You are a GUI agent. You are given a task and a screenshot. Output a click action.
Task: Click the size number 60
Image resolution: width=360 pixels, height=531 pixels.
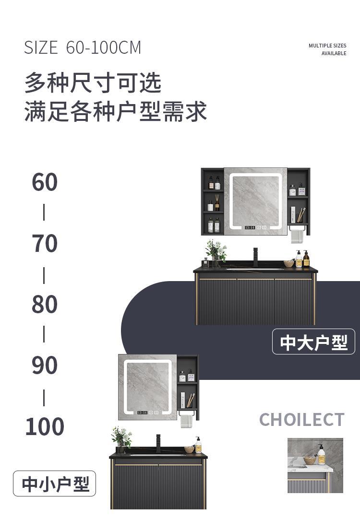(x=45, y=182)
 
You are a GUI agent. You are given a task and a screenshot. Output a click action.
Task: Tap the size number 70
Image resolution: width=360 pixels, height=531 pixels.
(x=45, y=243)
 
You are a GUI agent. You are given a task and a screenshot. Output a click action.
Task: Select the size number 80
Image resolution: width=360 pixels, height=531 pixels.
(x=45, y=304)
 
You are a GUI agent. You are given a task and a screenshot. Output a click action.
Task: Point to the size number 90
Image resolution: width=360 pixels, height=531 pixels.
(x=45, y=365)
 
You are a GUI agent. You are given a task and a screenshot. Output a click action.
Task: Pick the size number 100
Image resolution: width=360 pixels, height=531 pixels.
(x=45, y=426)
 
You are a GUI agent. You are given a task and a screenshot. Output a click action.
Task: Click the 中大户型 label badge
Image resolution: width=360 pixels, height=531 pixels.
(x=313, y=342)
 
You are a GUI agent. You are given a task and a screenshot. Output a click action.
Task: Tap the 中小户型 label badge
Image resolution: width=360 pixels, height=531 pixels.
(x=55, y=484)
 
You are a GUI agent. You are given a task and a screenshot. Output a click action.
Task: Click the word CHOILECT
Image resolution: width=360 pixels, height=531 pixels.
(x=301, y=420)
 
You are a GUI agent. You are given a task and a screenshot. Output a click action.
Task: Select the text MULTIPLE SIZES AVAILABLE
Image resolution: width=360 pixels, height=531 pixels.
(x=327, y=49)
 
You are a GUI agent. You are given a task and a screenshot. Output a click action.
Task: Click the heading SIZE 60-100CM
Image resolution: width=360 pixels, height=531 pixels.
(x=83, y=47)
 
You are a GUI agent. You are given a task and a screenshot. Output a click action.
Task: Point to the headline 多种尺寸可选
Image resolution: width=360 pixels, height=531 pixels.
(x=93, y=83)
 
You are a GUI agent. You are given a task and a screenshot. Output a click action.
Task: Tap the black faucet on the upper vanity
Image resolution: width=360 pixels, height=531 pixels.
(x=255, y=257)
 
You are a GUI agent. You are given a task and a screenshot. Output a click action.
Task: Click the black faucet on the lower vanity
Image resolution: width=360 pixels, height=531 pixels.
(x=158, y=443)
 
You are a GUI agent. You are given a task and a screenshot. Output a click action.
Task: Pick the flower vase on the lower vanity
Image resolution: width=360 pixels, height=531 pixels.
(x=121, y=439)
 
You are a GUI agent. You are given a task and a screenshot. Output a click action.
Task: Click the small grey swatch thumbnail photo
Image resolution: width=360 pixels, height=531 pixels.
(x=315, y=465)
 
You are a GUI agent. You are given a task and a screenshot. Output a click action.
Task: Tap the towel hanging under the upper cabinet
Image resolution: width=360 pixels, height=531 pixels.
(x=297, y=236)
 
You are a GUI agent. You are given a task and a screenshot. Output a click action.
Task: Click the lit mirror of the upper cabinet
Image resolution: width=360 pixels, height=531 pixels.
(x=255, y=201)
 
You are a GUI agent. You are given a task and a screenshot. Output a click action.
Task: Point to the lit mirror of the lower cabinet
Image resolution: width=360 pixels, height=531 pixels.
(x=148, y=387)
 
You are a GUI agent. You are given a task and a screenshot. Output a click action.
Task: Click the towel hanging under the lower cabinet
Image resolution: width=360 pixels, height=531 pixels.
(x=186, y=420)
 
